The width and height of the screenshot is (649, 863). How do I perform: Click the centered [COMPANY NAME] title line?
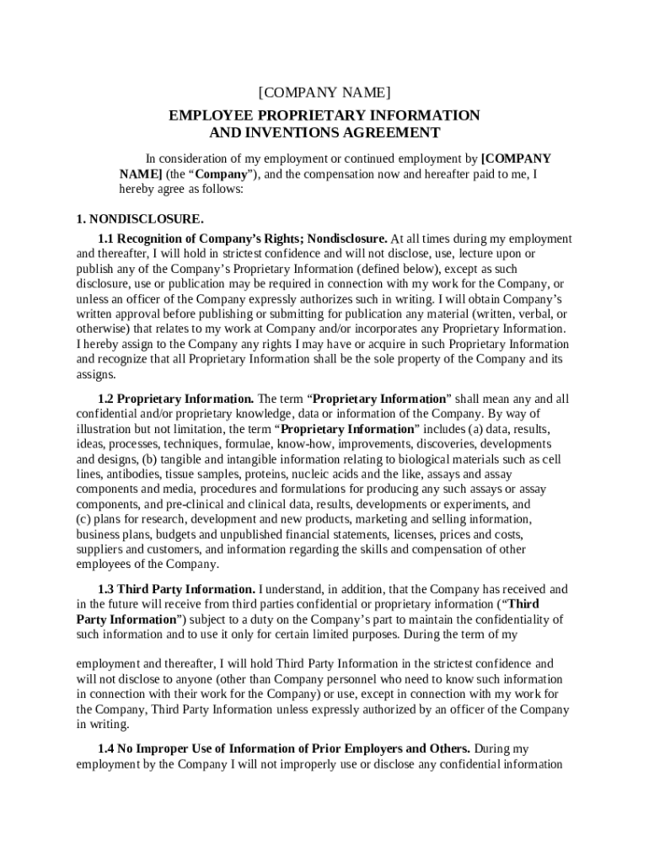324,92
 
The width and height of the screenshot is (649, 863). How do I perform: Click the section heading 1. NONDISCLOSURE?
139,219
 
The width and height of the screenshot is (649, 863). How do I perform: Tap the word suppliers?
100,550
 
